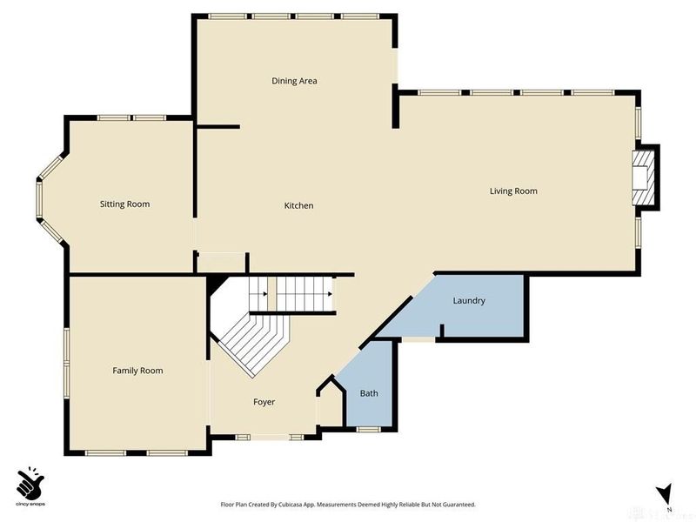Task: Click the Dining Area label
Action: point(294,81)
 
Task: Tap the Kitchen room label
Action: point(298,205)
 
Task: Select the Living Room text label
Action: point(513,191)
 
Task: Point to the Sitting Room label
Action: point(124,204)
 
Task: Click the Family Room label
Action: point(137,371)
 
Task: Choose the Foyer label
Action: point(264,402)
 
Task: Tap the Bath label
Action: point(369,393)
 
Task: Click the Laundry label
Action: point(469,301)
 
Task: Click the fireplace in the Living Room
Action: point(643,178)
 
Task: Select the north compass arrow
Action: point(666,493)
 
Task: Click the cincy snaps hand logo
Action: point(30,484)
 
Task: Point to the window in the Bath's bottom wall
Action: point(369,428)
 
